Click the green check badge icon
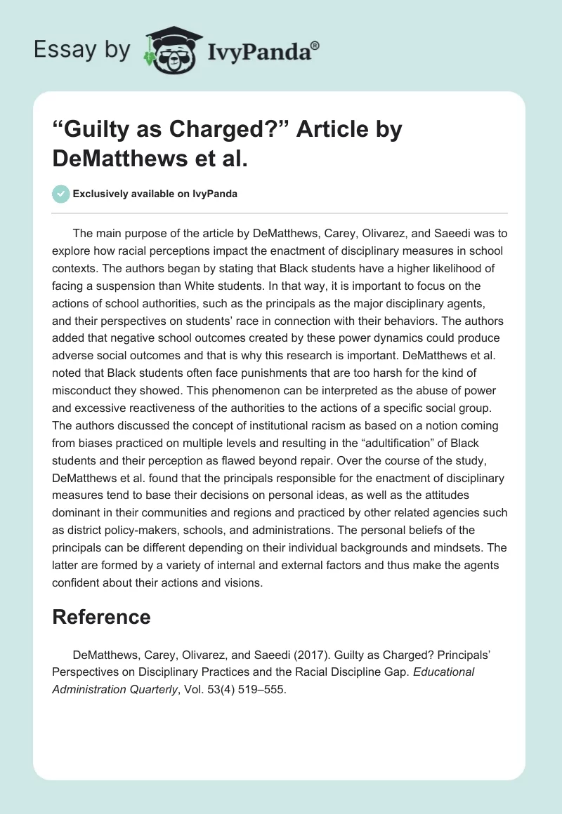(x=61, y=194)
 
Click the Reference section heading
(x=102, y=618)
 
